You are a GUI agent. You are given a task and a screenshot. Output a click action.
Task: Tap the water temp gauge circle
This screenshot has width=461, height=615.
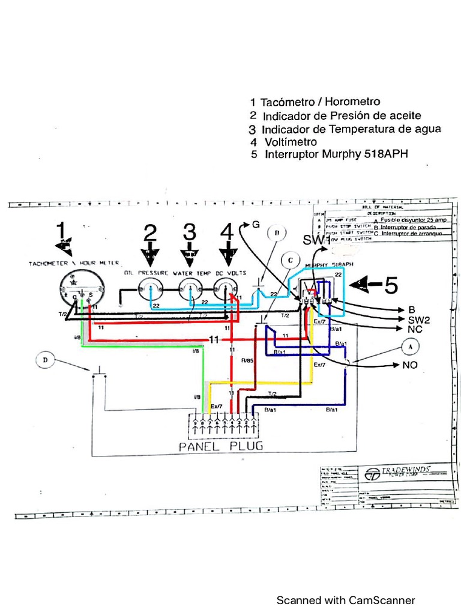[x=190, y=292]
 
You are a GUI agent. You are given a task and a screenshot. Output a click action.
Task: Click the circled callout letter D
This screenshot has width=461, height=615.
[x=45, y=360]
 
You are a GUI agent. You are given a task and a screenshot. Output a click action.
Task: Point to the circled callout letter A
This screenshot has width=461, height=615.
[x=411, y=347]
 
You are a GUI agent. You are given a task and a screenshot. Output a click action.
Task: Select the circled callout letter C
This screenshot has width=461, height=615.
[x=291, y=260]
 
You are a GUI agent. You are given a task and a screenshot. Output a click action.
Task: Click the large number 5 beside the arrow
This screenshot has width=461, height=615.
[x=391, y=286]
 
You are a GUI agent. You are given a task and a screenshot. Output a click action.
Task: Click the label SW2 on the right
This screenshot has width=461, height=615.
[x=418, y=320]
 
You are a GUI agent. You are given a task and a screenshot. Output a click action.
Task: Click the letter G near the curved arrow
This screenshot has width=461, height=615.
[x=256, y=225]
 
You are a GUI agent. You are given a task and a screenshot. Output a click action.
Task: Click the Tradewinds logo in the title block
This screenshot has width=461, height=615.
[x=373, y=474]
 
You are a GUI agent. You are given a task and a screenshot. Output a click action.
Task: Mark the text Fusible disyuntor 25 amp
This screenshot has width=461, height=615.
[x=414, y=220]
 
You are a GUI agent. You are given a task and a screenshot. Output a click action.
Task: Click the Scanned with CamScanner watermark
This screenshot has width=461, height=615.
[x=345, y=600]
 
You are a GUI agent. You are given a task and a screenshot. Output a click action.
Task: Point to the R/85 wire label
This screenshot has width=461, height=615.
[x=247, y=361]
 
